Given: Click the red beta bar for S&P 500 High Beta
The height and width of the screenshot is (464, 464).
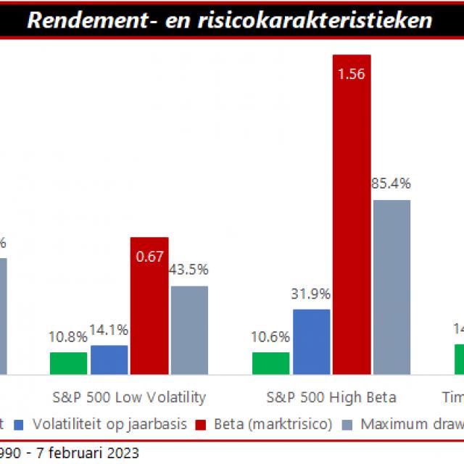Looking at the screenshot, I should tap(352, 217).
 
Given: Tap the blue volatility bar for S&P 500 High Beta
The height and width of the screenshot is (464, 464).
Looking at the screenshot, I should tap(311, 341).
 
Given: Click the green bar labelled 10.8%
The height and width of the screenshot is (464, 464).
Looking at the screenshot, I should tap(68, 363).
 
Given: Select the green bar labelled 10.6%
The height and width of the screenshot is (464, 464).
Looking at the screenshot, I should tap(270, 363).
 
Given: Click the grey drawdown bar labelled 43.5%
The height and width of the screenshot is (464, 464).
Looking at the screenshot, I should tap(189, 330).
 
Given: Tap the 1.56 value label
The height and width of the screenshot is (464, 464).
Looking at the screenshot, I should tap(352, 73).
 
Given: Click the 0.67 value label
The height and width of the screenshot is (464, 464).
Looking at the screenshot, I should tap(149, 256).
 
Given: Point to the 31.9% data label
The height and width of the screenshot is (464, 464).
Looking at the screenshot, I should tap(311, 294).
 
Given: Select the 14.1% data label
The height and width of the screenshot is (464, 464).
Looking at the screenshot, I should tap(109, 330).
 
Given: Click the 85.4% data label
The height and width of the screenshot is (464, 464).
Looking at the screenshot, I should tap(391, 184).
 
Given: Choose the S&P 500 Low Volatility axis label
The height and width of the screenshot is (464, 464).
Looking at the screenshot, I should tap(129, 397).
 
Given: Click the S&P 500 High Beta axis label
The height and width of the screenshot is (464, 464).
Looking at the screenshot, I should tap(331, 397).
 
